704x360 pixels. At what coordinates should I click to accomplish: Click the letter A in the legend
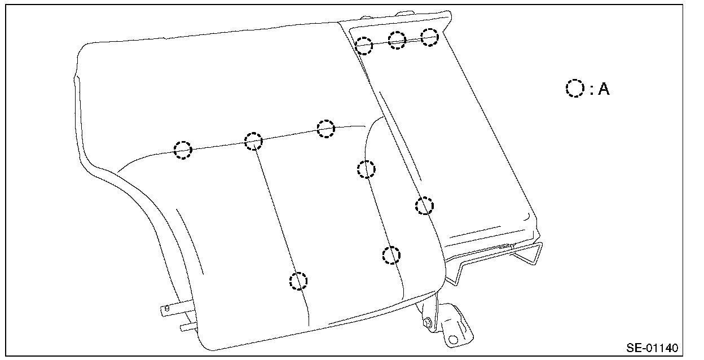tap(603, 89)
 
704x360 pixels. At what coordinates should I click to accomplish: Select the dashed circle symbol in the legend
tap(575, 89)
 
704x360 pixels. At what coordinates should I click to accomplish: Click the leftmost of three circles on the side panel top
tap(364, 45)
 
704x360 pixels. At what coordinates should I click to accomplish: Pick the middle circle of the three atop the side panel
tap(397, 40)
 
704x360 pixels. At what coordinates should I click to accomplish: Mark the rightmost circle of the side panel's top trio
tap(430, 37)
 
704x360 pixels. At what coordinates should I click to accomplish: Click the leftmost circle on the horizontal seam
tap(183, 150)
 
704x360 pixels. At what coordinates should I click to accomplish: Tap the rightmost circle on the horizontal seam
tap(326, 129)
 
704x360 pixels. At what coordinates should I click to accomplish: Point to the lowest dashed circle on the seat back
tap(298, 280)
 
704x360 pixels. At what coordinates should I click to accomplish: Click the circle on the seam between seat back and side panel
tap(425, 206)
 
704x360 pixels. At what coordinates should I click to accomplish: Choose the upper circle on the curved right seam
tap(366, 169)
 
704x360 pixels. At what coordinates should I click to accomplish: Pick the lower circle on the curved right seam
tap(391, 255)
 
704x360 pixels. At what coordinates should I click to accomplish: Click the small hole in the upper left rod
tap(167, 308)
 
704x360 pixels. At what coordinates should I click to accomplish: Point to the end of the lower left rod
tap(182, 327)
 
